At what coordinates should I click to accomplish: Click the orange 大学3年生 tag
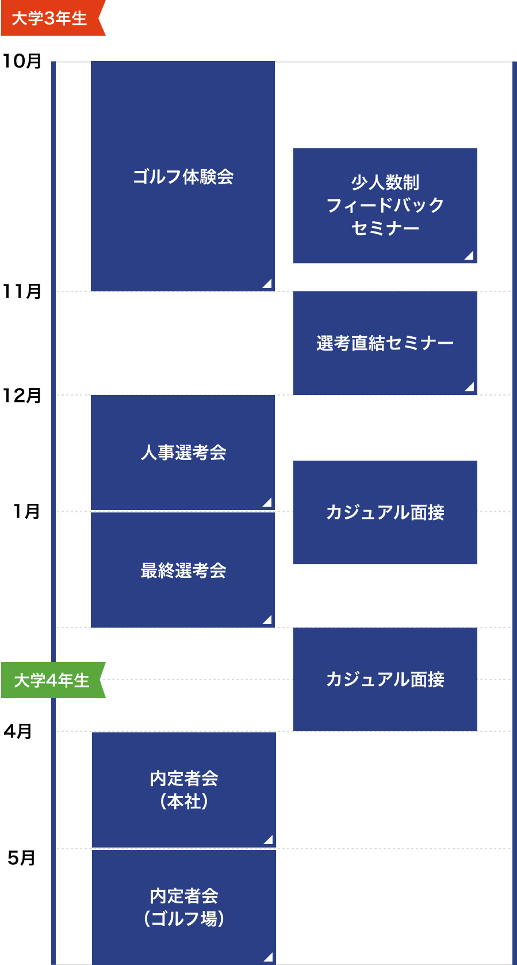coord(50,18)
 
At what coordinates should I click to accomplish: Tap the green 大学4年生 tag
coord(51,680)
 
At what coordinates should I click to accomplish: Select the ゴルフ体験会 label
coord(183,176)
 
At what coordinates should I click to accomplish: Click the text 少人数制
coord(385,183)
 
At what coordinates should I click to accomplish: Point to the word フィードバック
coord(385,205)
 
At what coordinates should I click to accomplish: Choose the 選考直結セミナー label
coord(385,343)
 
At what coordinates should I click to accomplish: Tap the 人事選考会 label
coord(183,453)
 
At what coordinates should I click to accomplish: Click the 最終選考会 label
coord(183,571)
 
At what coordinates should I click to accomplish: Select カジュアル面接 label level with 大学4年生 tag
coord(385,679)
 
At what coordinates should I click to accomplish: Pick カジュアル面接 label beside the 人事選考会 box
coord(385,512)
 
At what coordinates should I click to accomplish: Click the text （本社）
coord(184,801)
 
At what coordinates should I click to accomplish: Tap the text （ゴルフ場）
coord(184,919)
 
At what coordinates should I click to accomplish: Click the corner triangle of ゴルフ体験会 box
coord(267,283)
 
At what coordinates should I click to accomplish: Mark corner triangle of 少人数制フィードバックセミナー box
coord(469,256)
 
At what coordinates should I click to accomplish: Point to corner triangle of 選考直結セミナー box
coord(470,387)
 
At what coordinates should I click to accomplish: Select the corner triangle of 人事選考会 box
coord(267,503)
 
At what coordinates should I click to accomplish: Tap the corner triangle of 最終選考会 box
coord(267,620)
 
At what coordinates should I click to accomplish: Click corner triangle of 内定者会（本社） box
coord(269,840)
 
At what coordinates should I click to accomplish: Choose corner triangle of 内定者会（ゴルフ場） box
coord(269,958)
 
